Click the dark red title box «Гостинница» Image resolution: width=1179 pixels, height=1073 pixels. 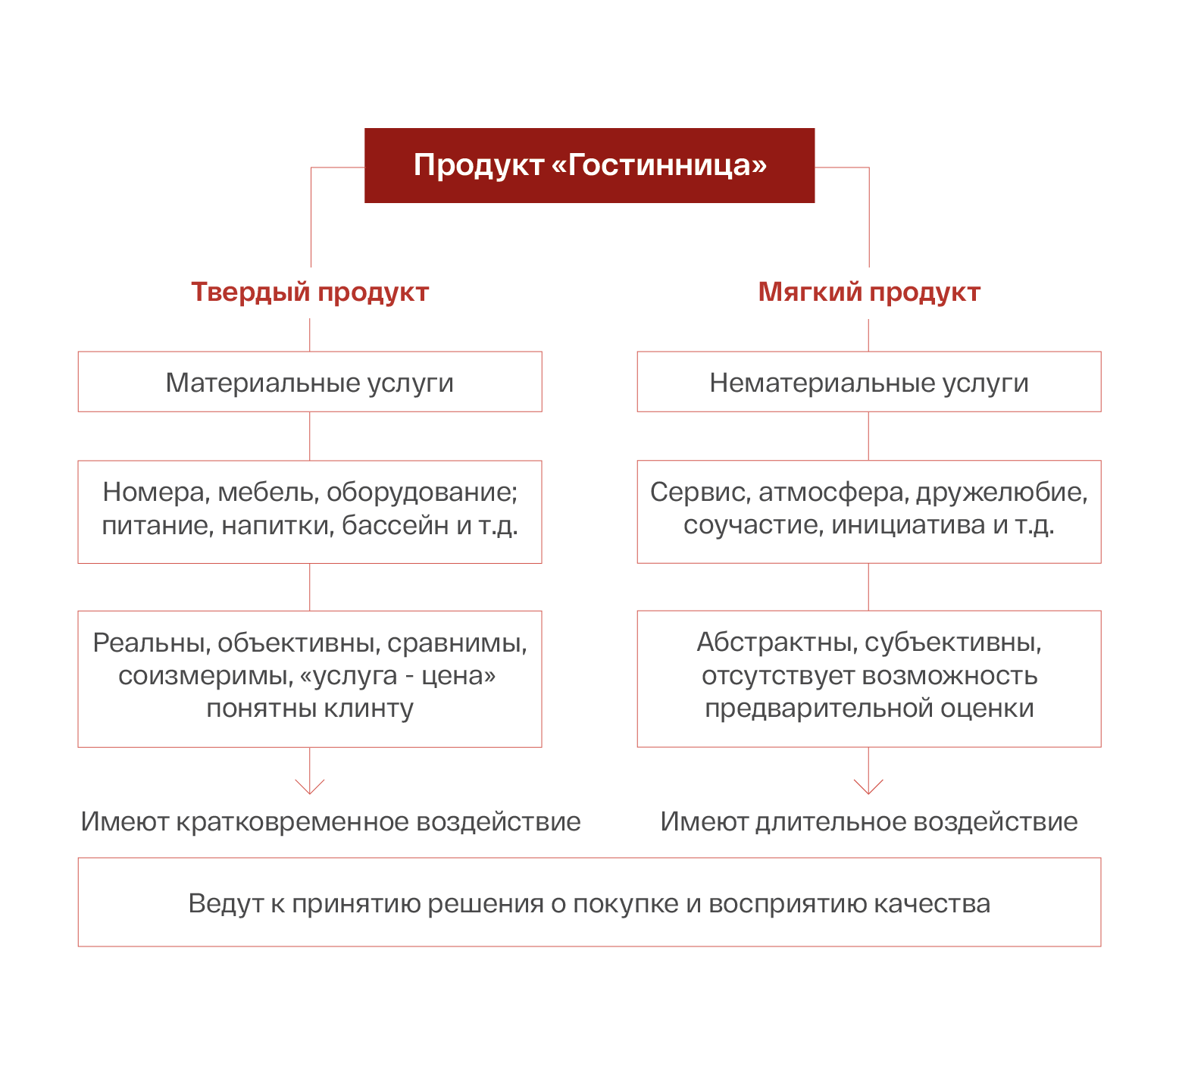point(589,165)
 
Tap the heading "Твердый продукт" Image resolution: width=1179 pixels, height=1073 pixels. point(309,292)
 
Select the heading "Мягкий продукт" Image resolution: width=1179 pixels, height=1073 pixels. point(869,292)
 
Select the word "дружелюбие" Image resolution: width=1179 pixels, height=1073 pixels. point(1001,492)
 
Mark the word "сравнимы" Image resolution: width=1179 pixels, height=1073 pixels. point(457,643)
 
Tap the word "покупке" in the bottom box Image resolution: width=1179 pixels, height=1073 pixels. point(625,904)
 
